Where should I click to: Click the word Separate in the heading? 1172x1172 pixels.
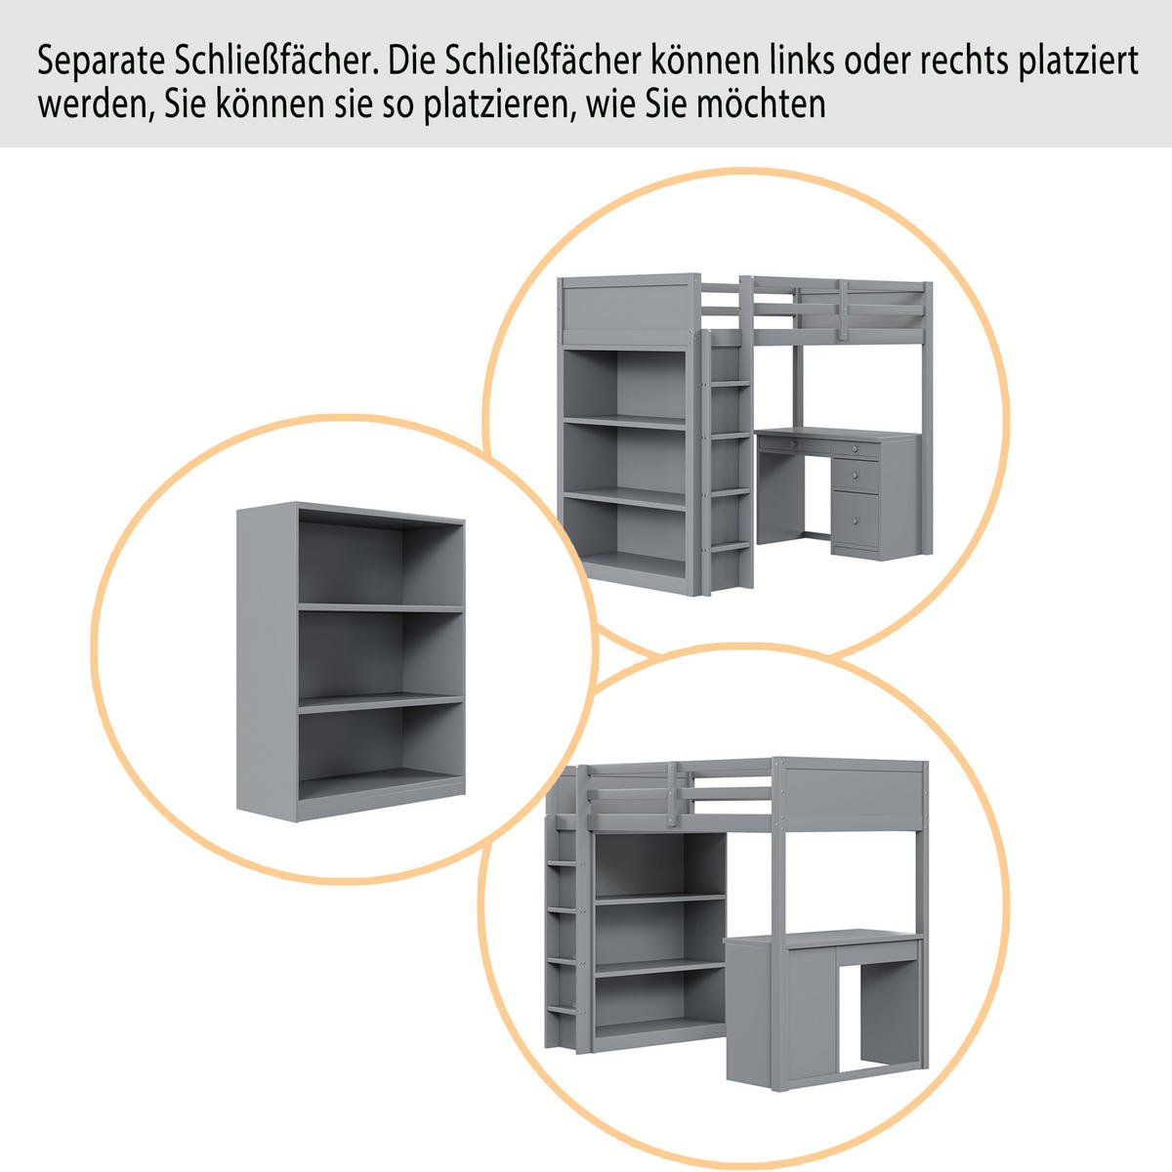pyautogui.click(x=101, y=61)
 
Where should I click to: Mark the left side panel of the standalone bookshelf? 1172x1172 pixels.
pyautogui.click(x=267, y=662)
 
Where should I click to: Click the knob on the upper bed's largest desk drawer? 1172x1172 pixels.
pyautogui.click(x=856, y=522)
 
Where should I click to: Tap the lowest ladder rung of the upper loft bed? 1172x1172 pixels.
pyautogui.click(x=730, y=546)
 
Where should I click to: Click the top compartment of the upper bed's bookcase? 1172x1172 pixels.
pyautogui.click(x=625, y=385)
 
